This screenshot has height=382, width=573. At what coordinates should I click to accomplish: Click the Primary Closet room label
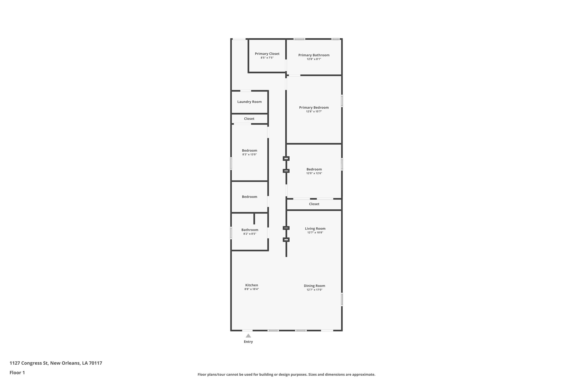[x=267, y=54]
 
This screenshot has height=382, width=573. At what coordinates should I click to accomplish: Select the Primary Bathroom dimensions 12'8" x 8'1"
[x=314, y=59]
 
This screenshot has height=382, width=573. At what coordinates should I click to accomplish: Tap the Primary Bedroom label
[x=314, y=107]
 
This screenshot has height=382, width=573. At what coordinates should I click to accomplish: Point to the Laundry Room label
[x=249, y=102]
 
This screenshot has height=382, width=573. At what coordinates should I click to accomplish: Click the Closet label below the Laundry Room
[x=249, y=119]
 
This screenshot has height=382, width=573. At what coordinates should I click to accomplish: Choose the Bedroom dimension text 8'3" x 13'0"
[x=249, y=154]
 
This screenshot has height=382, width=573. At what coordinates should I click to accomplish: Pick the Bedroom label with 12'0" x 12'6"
[x=314, y=169]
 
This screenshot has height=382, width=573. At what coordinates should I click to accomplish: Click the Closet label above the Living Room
[x=314, y=204]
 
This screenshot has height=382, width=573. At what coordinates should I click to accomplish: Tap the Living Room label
[x=315, y=229]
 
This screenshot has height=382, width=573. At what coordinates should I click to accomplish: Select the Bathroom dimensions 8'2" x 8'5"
[x=250, y=234]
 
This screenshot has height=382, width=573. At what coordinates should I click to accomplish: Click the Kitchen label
[x=252, y=285]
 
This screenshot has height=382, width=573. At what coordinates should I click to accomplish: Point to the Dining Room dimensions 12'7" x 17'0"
[x=314, y=290]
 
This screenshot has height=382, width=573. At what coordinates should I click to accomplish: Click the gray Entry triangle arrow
[x=248, y=336]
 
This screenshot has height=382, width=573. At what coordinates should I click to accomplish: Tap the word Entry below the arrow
[x=248, y=342]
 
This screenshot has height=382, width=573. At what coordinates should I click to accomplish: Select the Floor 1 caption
[x=17, y=372]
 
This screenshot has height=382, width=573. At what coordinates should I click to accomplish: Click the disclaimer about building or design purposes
[x=286, y=374]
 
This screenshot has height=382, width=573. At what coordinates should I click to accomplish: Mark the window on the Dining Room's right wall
[x=342, y=299]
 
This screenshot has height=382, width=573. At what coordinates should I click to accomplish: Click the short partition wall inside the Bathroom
[x=254, y=219]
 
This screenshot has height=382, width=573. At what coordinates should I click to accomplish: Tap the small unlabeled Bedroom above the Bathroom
[x=249, y=197]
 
